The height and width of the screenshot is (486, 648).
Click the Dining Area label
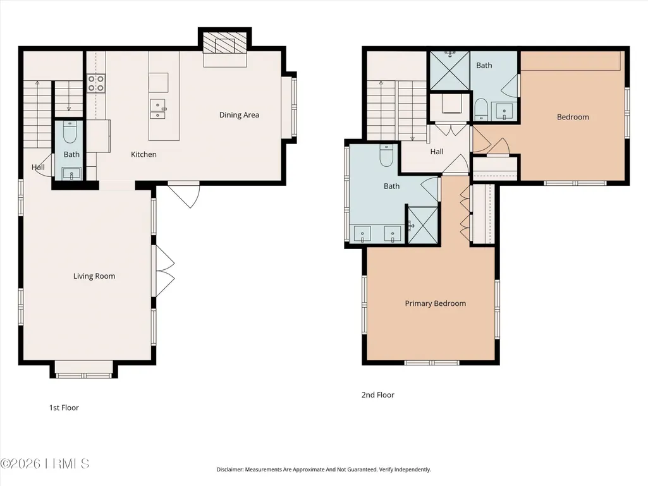pyautogui.click(x=239, y=115)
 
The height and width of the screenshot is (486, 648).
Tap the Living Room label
pyautogui.click(x=94, y=276)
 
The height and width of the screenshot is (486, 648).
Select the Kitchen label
pyautogui.click(x=144, y=154)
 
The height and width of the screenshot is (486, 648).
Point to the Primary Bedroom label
pyautogui.click(x=435, y=303)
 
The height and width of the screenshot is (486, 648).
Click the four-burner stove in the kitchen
pyautogui.click(x=96, y=83)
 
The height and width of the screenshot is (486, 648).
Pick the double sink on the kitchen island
pyautogui.click(x=157, y=109)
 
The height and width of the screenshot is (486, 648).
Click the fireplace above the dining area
pyautogui.click(x=225, y=46)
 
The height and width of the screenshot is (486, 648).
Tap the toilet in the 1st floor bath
pyautogui.click(x=70, y=131)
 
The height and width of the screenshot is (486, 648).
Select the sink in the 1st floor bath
pyautogui.click(x=71, y=174)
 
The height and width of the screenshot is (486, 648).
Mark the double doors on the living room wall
pyautogui.click(x=164, y=271)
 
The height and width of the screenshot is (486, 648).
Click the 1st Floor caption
pyautogui.click(x=64, y=408)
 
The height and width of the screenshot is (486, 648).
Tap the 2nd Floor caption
pyautogui.click(x=377, y=394)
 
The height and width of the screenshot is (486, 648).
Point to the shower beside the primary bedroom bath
pyautogui.click(x=423, y=225)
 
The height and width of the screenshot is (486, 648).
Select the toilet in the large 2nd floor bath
pyautogui.click(x=386, y=155)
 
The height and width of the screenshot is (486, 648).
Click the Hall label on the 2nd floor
pyautogui.click(x=437, y=152)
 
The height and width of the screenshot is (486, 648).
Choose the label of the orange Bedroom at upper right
pyautogui.click(x=573, y=117)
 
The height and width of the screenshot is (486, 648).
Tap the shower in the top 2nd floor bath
pyautogui.click(x=449, y=70)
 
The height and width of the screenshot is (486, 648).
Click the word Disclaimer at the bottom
pyautogui.click(x=229, y=470)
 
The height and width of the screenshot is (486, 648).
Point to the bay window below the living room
pyautogui.click(x=84, y=370)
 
